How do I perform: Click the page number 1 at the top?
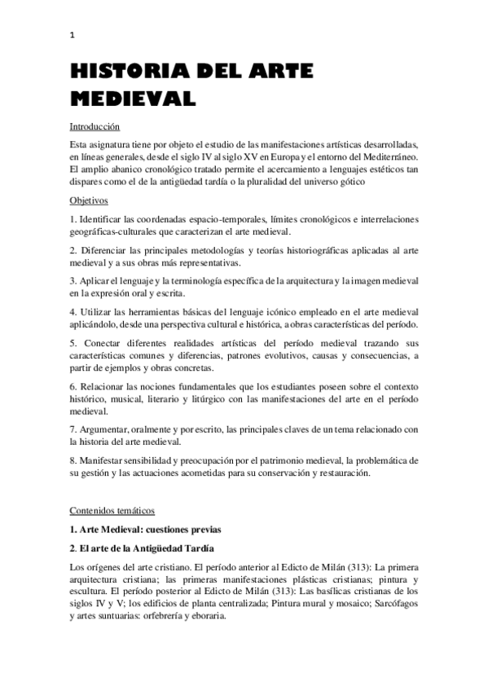(72, 34)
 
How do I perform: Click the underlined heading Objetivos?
(89, 200)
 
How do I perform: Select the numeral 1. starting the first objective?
(73, 219)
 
